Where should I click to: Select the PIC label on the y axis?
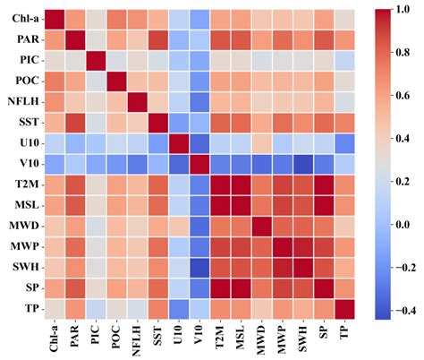point(26,59)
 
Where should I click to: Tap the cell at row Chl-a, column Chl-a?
point(55,18)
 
